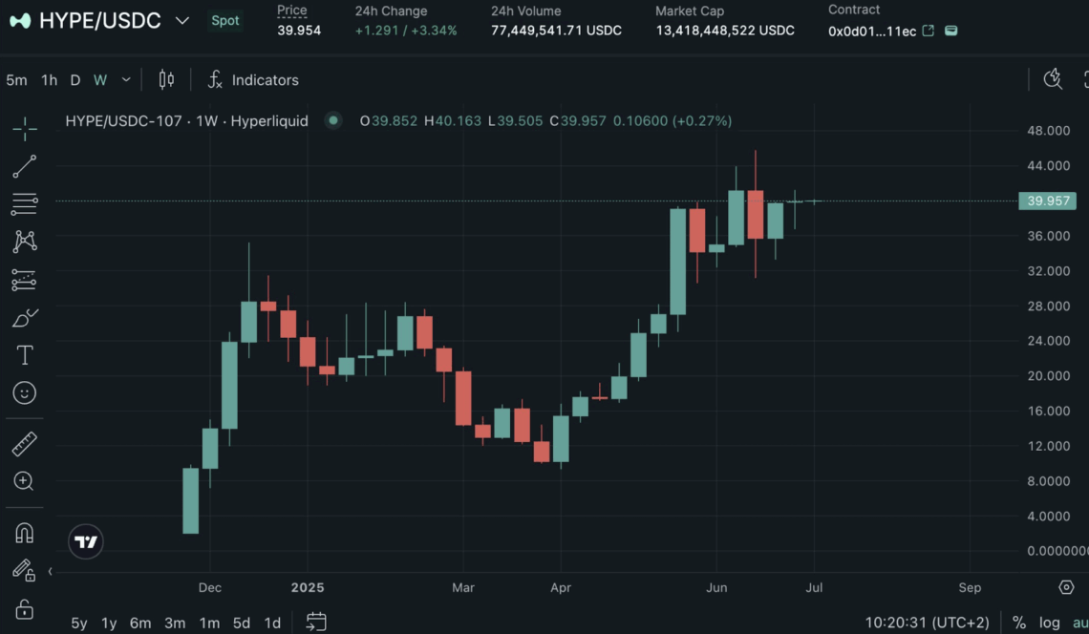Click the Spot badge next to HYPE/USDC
tap(225, 20)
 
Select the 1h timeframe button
tap(49, 80)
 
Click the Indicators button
tap(253, 80)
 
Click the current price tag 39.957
tap(1048, 201)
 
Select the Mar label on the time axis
tap(463, 587)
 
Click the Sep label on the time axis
tap(969, 587)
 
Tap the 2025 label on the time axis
tap(308, 587)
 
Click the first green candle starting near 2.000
tap(191, 500)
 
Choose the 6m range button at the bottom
tap(140, 623)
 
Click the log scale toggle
tap(1049, 623)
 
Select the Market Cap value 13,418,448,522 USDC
tap(724, 31)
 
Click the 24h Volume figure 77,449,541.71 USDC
tap(556, 31)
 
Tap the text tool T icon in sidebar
tap(25, 355)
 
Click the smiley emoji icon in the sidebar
tap(25, 392)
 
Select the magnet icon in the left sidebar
tap(25, 533)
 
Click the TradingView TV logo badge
tap(86, 542)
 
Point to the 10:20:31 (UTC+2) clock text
tap(927, 623)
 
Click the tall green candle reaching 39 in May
tap(678, 262)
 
